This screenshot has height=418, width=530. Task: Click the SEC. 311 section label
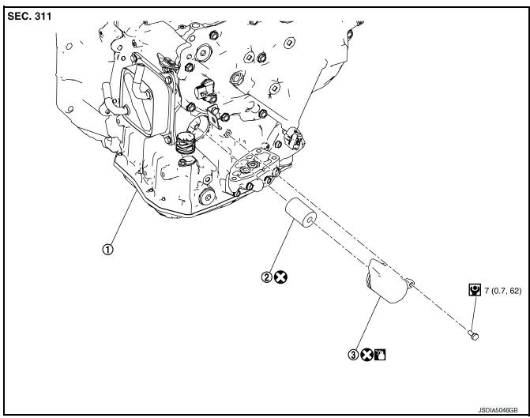point(29,17)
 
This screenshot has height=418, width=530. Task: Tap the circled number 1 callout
point(108,250)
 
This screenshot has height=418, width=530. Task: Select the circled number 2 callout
point(267,277)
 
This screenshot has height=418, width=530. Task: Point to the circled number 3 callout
point(353,355)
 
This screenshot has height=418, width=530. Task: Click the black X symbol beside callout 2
point(280,277)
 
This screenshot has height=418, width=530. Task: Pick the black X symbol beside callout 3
point(366,355)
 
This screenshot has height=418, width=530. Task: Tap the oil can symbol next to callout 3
point(380,355)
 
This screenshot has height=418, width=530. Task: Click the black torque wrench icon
point(475,290)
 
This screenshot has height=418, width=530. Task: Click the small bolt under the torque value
point(474,336)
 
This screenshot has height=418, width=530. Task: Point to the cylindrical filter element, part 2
point(300,213)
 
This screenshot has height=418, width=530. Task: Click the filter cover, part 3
point(389,281)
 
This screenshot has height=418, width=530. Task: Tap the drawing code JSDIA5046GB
point(497,410)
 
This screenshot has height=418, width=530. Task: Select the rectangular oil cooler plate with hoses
point(138,101)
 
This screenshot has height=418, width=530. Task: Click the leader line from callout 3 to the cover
point(368,323)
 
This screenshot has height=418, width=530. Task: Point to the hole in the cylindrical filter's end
point(310,220)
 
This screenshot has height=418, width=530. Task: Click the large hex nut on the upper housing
point(236,78)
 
